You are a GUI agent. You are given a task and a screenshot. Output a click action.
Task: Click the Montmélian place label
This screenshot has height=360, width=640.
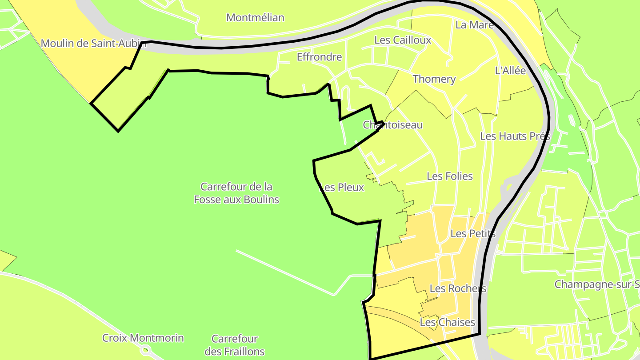click(255, 18)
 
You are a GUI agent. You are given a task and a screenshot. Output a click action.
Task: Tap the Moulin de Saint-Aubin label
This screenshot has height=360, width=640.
click(93, 44)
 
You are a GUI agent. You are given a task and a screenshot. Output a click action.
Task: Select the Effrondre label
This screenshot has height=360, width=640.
click(319, 57)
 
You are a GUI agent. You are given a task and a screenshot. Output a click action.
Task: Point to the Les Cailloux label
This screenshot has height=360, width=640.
click(403, 40)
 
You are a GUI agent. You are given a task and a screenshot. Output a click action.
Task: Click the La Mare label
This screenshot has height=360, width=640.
click(475, 25)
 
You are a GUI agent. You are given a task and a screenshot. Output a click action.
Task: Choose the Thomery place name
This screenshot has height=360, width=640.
click(434, 79)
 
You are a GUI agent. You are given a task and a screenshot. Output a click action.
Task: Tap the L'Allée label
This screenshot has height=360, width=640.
click(510, 71)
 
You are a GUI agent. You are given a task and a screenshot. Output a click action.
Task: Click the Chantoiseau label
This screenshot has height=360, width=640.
click(393, 125)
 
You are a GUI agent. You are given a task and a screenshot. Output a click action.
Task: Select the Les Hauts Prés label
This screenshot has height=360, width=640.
click(515, 136)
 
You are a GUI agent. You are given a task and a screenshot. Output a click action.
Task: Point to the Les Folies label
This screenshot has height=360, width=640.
click(450, 176)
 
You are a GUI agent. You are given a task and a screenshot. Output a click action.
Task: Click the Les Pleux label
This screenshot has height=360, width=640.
click(342, 188)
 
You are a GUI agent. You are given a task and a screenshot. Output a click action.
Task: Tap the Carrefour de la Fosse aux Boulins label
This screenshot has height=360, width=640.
click(236, 193)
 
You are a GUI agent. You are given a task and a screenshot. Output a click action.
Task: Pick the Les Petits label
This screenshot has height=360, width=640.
click(473, 233)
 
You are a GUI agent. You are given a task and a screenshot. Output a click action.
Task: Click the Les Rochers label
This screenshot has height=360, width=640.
click(458, 288)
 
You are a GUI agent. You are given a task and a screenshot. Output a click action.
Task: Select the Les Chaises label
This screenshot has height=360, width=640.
click(448, 322)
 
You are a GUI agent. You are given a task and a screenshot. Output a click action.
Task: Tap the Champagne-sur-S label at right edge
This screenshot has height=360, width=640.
click(597, 284)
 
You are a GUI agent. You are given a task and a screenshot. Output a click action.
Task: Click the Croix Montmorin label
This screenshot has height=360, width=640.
click(143, 338)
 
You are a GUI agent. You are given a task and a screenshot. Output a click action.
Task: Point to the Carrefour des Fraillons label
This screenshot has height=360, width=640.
click(235, 345)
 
